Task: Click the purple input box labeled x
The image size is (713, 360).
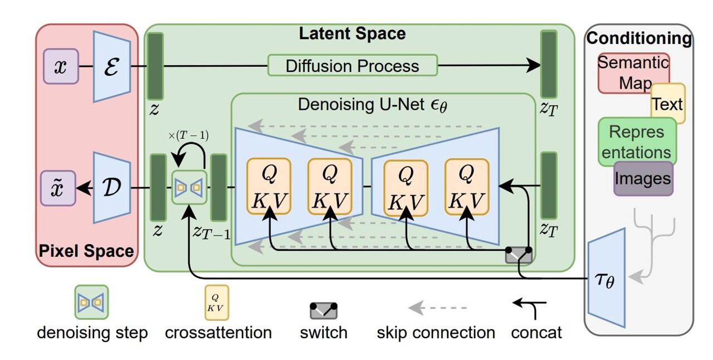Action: tap(61, 66)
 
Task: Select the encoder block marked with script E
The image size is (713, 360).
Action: tap(112, 66)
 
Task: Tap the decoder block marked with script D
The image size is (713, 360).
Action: tap(112, 188)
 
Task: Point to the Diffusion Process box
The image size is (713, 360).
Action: tap(352, 66)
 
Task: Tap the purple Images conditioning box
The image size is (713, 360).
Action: tap(643, 179)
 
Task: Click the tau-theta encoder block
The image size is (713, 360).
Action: tap(607, 276)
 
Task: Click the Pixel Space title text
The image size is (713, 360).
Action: tap(86, 251)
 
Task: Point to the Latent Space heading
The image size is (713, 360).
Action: tap(352, 33)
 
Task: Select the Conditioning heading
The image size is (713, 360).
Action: tap(638, 38)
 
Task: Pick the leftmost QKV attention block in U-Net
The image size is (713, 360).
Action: tap(269, 187)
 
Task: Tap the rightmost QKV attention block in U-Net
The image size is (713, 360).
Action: tap(466, 187)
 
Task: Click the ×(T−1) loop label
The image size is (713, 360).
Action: tap(188, 135)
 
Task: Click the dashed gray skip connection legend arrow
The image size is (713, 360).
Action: tap(438, 308)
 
